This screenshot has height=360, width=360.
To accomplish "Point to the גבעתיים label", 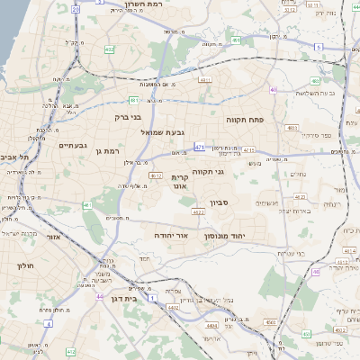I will tap(72, 145).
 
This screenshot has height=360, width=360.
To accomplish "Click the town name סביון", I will tap(220, 203).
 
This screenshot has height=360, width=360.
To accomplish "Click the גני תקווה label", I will tap(207, 171).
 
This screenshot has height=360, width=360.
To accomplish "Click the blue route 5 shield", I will tap(318, 47).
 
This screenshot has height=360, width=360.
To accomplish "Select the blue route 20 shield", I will tap(75, 9).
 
